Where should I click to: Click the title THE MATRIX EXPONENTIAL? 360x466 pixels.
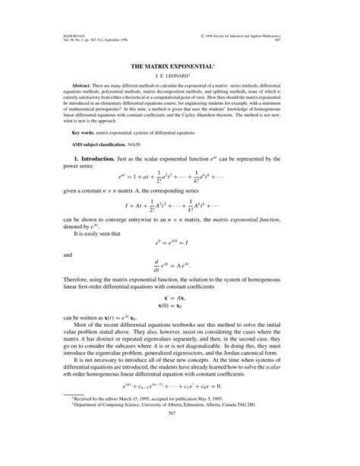180,68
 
